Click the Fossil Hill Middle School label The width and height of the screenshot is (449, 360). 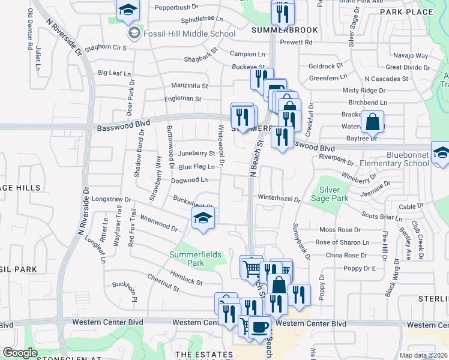click(x=189, y=34)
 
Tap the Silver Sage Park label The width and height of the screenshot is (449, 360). click(x=330, y=194)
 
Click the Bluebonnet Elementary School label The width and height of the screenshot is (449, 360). click(x=408, y=159)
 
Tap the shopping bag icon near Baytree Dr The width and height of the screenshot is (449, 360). click(x=372, y=122)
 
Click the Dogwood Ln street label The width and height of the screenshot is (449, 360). click(x=189, y=179)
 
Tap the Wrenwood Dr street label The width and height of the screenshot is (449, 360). click(x=158, y=223)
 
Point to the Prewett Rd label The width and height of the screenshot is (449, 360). click(x=300, y=42)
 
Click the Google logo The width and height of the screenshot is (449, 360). click(x=20, y=353)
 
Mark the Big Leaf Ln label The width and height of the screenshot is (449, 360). click(x=114, y=73)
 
